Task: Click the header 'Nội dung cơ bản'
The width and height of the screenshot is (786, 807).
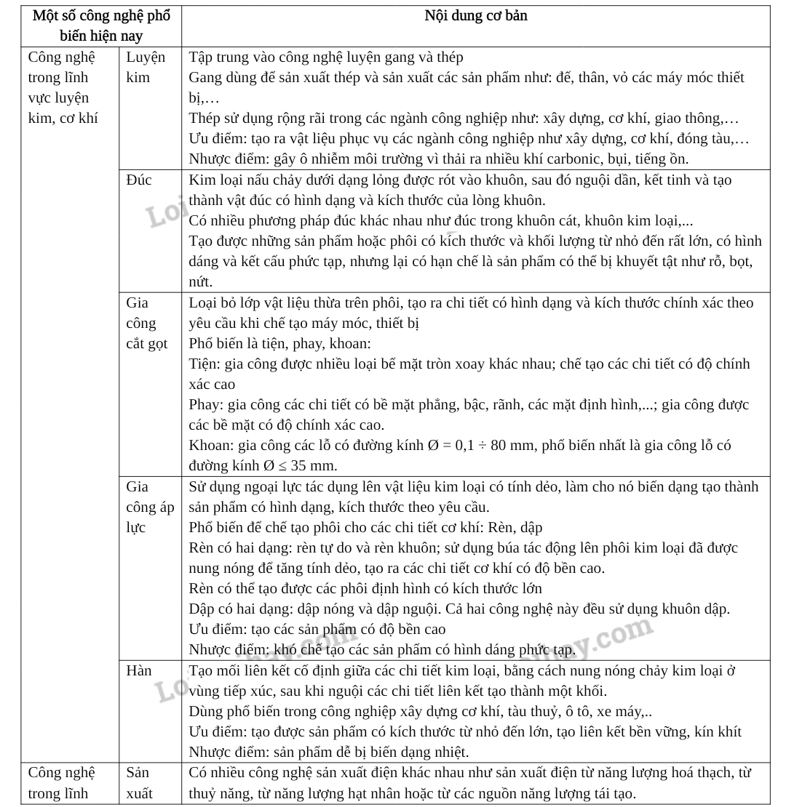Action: [x=476, y=16]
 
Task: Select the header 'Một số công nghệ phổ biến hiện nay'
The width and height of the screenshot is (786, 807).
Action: [x=101, y=25]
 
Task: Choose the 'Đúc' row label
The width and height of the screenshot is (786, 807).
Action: [x=138, y=180]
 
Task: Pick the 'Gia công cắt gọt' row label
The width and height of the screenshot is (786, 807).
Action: [x=146, y=323]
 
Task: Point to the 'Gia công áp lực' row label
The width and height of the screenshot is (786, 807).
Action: [x=150, y=507]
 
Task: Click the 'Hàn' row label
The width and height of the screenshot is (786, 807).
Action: [x=138, y=670]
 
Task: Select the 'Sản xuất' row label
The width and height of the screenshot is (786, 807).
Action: [x=140, y=782]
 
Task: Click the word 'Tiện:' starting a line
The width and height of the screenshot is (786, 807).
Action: [x=205, y=364]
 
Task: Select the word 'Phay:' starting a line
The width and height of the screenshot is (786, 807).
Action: [x=207, y=405]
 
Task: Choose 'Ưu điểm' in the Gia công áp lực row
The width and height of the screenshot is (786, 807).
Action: [x=216, y=629]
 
